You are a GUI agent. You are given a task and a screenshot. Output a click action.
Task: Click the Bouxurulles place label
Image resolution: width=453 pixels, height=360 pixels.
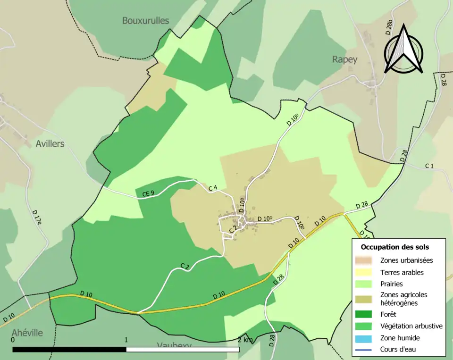click(145, 20)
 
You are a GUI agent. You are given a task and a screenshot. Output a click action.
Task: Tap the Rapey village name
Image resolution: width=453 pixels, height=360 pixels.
click(344, 59)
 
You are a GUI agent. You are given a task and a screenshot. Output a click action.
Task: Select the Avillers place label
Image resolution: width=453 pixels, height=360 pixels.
click(50, 143)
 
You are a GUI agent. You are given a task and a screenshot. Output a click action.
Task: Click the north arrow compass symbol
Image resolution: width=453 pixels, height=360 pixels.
click(403, 50)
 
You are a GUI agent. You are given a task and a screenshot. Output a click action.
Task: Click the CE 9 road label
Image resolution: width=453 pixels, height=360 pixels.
click(148, 193)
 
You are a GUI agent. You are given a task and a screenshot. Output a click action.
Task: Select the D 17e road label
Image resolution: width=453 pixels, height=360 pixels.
click(37, 219)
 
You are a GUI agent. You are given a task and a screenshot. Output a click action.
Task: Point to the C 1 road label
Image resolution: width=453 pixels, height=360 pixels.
click(429, 166)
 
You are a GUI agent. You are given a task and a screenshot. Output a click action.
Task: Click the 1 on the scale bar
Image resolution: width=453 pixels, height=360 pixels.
click(126, 340)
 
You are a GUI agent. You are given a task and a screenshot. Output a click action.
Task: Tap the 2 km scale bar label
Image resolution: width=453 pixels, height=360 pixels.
click(246, 340)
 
